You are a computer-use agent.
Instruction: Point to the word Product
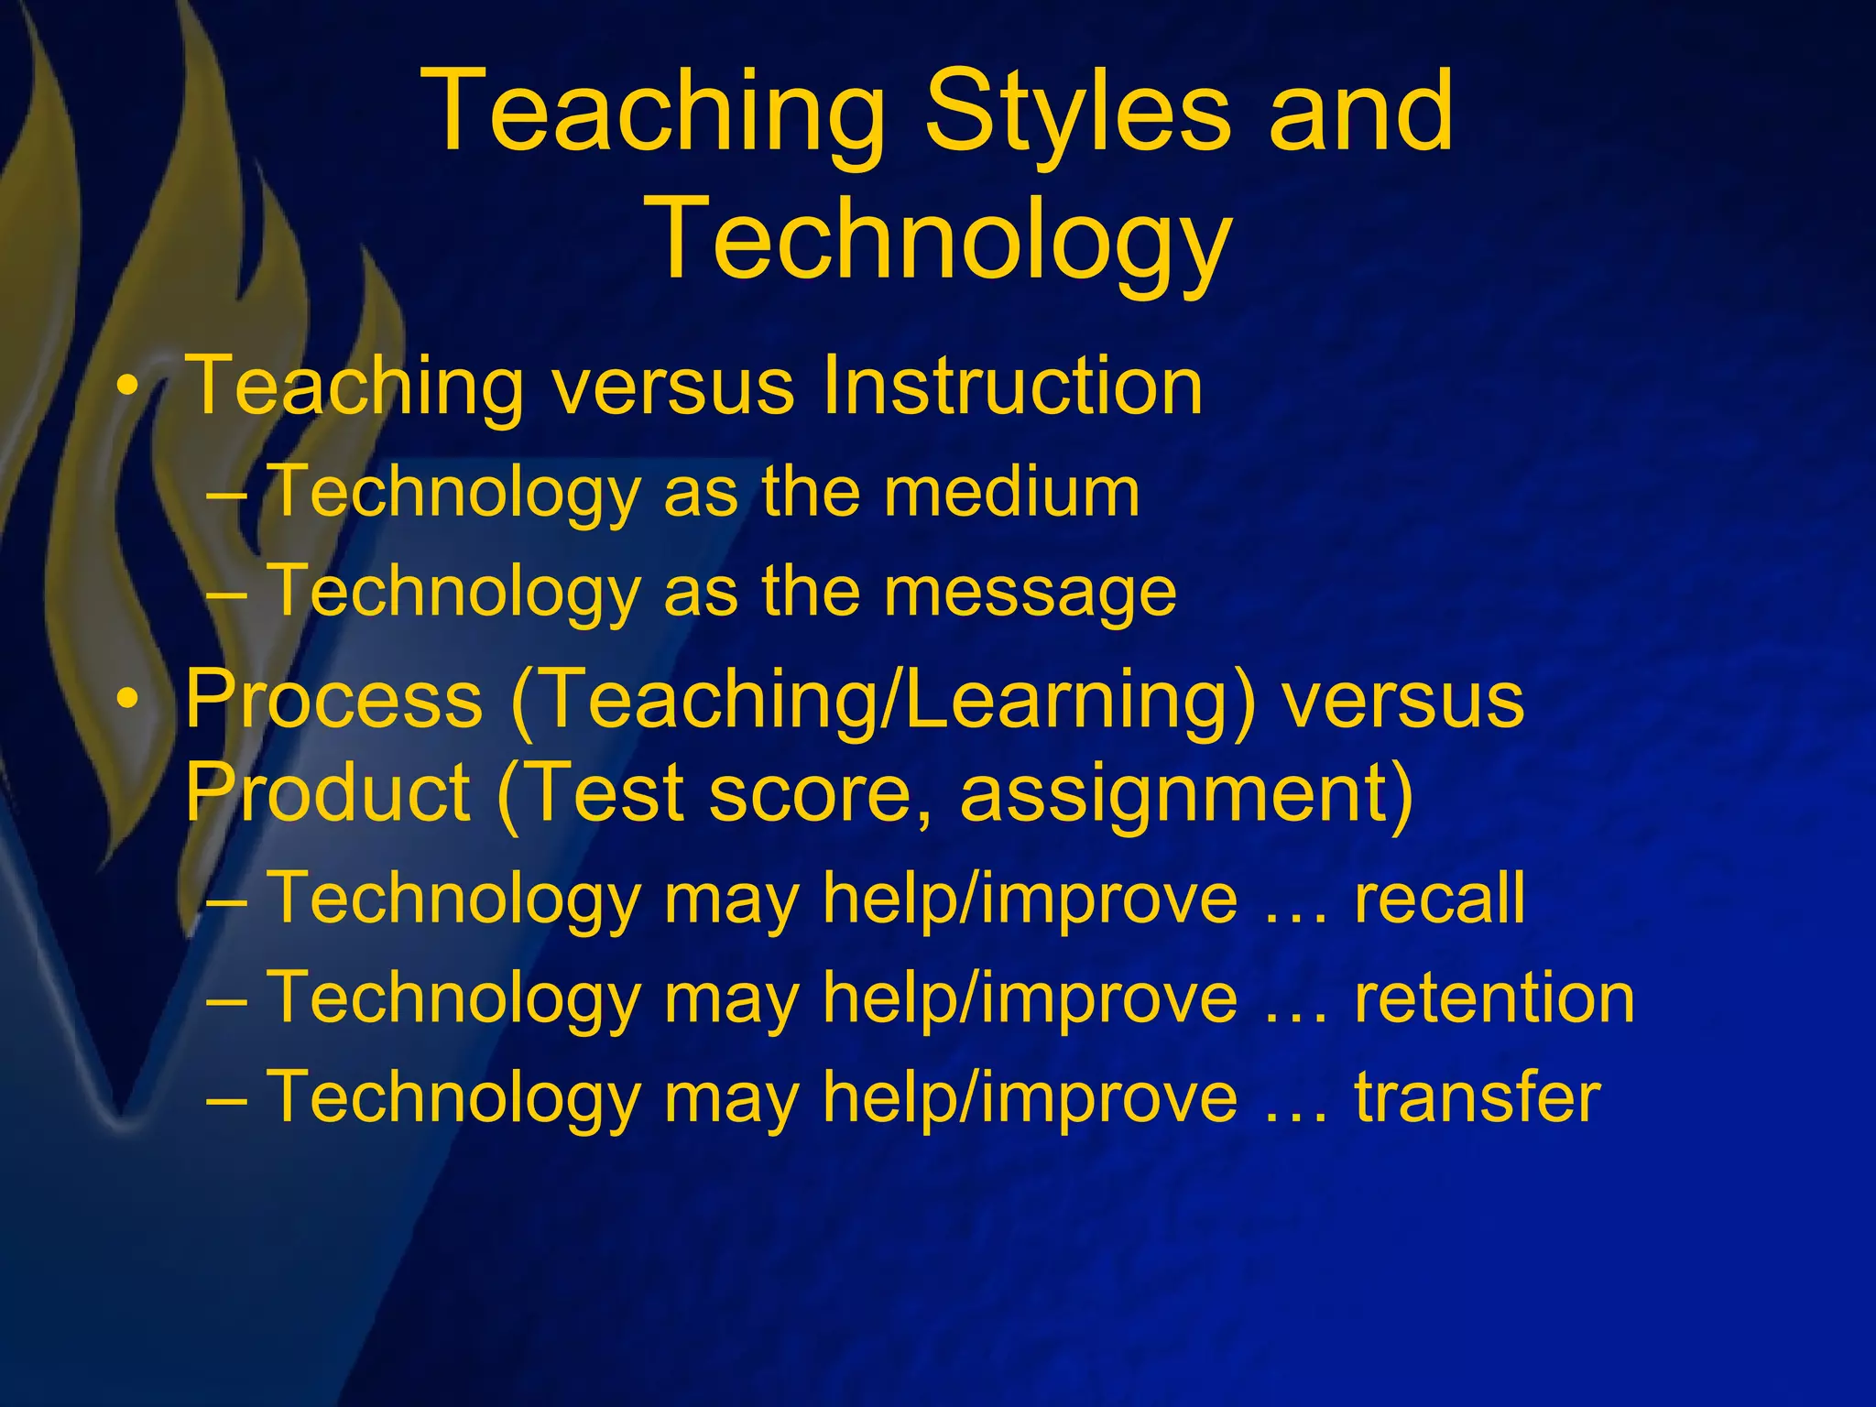327,793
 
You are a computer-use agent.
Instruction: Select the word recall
1439,898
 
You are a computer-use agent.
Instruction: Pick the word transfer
1477,1097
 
